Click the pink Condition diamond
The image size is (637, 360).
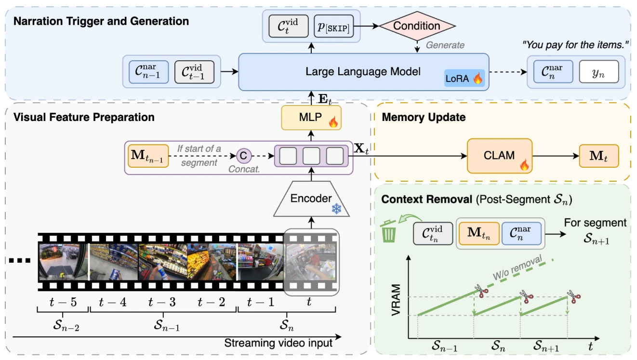417,26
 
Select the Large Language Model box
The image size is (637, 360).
363,72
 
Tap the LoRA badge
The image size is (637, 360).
464,78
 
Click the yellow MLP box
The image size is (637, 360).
311,118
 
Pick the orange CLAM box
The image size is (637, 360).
500,156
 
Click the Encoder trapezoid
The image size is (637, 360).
311,199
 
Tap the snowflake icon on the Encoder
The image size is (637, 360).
336,209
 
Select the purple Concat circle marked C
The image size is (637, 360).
244,156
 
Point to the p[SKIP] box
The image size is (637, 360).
333,26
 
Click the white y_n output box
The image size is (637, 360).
599,72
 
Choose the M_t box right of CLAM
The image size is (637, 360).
599,156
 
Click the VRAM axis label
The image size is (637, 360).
396,300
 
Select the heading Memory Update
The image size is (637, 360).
424,117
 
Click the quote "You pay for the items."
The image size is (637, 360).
575,45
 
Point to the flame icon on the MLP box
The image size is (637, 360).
333,122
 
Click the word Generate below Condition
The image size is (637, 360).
445,45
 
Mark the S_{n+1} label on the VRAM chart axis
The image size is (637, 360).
546,346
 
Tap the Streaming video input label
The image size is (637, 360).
278,343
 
